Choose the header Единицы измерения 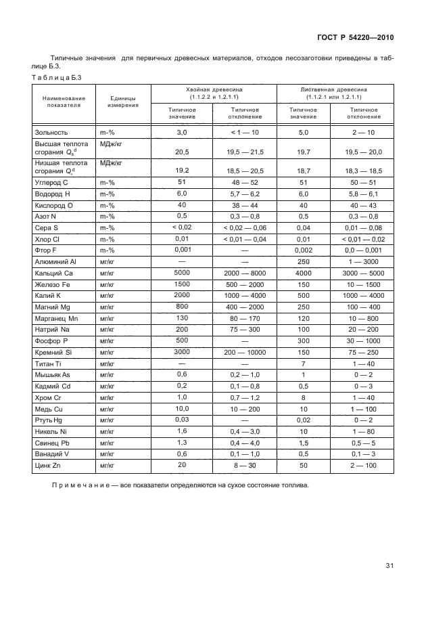point(123,102)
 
